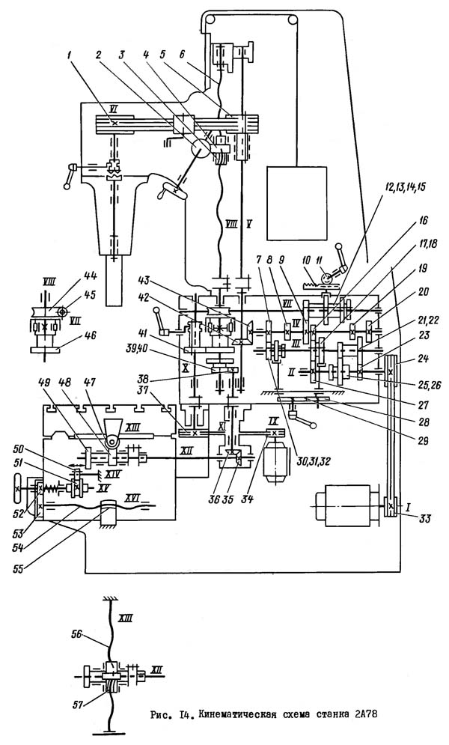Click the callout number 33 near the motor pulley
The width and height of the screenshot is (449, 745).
click(x=407, y=517)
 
